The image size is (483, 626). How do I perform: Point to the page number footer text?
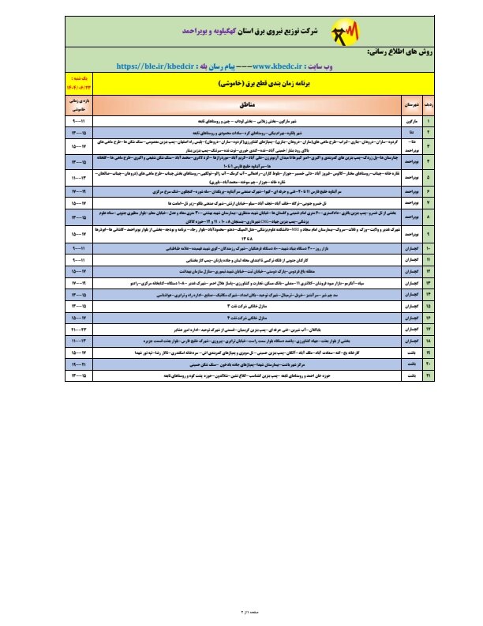pyautogui.click(x=242, y=612)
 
